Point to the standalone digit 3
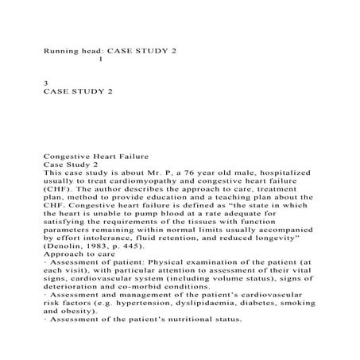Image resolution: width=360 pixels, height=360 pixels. [45, 82]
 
